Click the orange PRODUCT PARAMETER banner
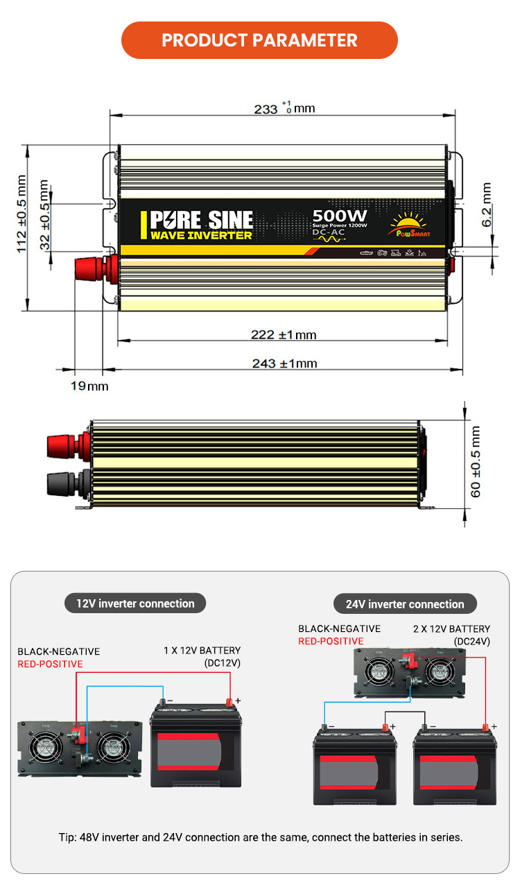coord(259,40)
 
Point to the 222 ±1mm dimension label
coord(283,335)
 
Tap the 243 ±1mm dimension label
coord(284,363)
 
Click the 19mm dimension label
coord(89,386)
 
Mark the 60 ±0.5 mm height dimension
coord(476,461)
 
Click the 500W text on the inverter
coord(340,216)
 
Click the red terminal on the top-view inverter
coord(89,268)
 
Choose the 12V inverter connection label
coord(135,603)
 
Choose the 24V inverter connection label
coord(405,604)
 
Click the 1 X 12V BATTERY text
coord(202,651)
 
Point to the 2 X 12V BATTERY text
coord(451,629)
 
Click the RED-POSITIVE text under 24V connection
coord(331,642)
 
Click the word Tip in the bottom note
coord(67,837)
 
